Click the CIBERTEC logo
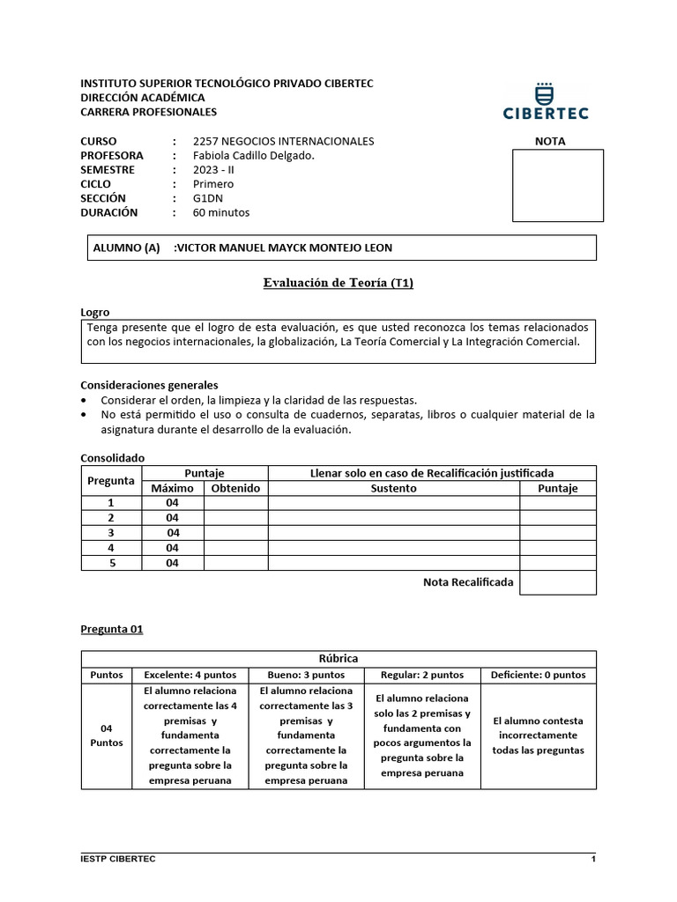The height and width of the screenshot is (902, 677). pos(546,100)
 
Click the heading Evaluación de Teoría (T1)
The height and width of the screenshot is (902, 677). pos(338,283)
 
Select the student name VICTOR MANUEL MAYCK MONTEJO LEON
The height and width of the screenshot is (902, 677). pos(284,248)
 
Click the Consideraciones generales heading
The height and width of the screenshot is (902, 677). pos(149,385)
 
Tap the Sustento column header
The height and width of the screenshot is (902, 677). pos(393,488)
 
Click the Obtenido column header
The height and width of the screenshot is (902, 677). pos(235,488)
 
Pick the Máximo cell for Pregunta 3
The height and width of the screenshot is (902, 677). pos(173,533)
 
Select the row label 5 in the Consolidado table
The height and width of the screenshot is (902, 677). pos(112,563)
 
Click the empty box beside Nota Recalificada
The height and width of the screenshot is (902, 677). pos(557,582)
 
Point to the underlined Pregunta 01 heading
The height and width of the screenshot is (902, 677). pos(111,629)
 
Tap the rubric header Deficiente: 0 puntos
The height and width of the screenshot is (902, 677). pos(538,675)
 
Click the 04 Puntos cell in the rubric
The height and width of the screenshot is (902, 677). pos(107,736)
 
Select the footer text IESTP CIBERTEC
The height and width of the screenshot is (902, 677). pos(118,859)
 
